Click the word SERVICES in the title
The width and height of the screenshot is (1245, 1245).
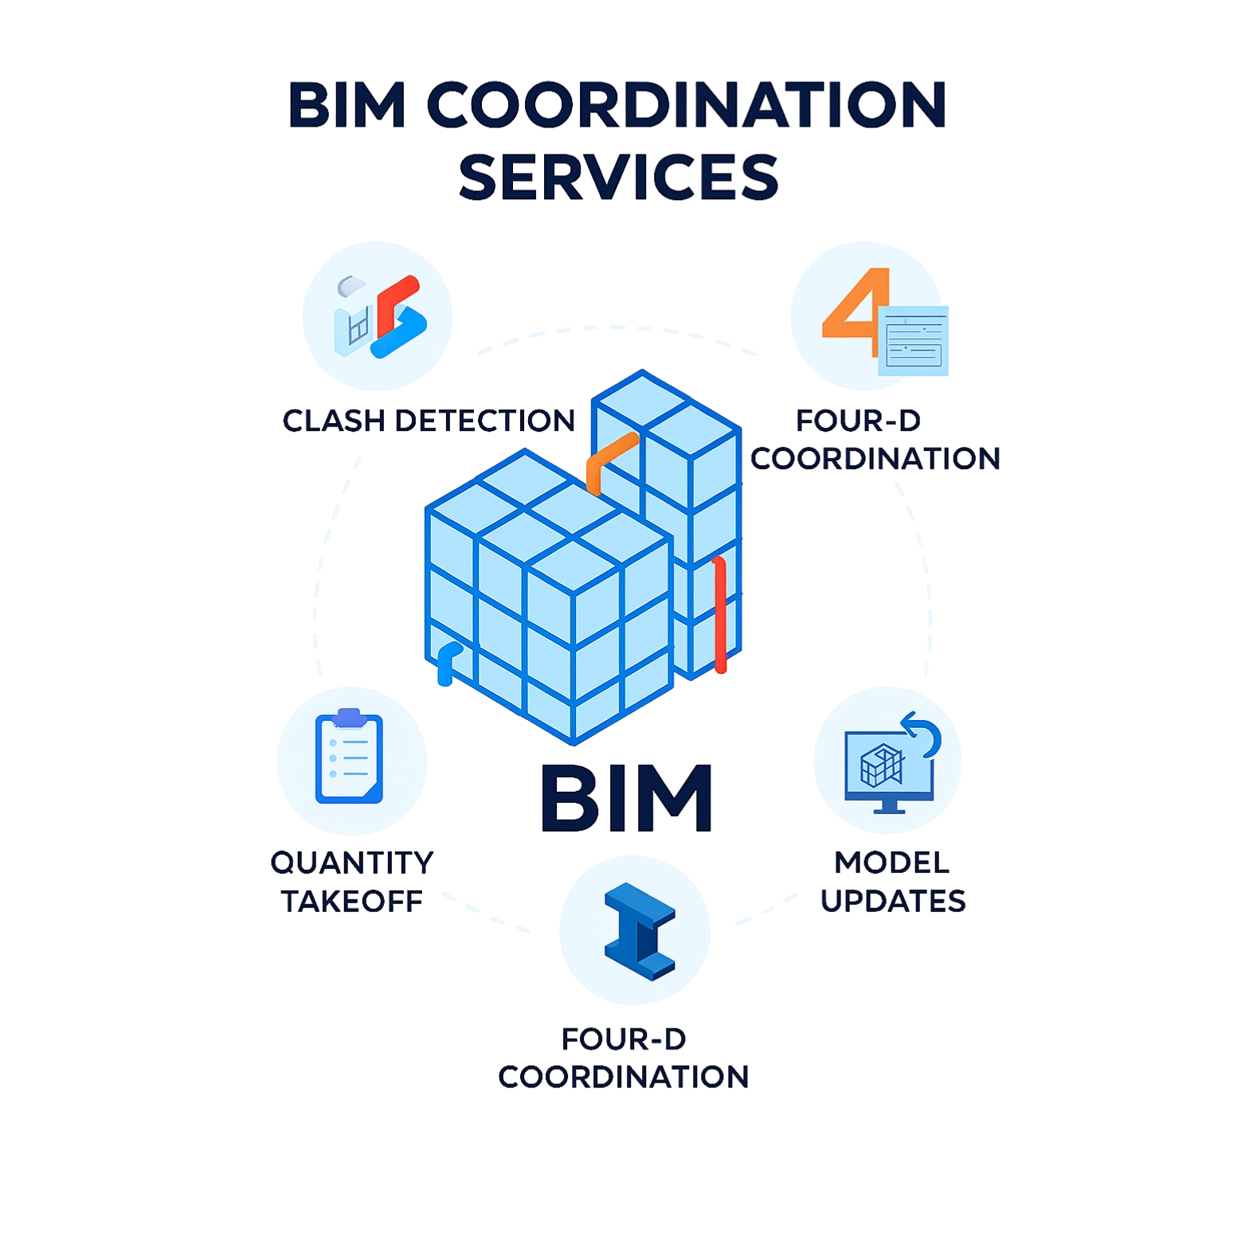pyautogui.click(x=619, y=177)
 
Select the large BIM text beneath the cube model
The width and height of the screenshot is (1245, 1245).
pyautogui.click(x=627, y=798)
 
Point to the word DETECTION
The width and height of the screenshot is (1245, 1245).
pyautogui.click(x=485, y=421)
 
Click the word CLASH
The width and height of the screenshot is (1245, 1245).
pyautogui.click(x=335, y=421)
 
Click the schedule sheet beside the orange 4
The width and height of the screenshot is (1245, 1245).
pyautogui.click(x=914, y=341)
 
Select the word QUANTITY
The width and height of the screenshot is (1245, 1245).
pyautogui.click(x=352, y=863)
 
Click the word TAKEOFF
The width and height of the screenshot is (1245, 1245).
pyautogui.click(x=352, y=902)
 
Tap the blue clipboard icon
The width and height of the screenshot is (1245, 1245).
pyautogui.click(x=350, y=757)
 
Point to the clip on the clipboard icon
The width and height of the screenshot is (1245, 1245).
pyautogui.click(x=350, y=717)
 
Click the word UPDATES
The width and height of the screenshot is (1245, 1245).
pyautogui.click(x=893, y=901)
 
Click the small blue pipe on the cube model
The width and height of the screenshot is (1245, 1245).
pyautogui.click(x=447, y=664)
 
